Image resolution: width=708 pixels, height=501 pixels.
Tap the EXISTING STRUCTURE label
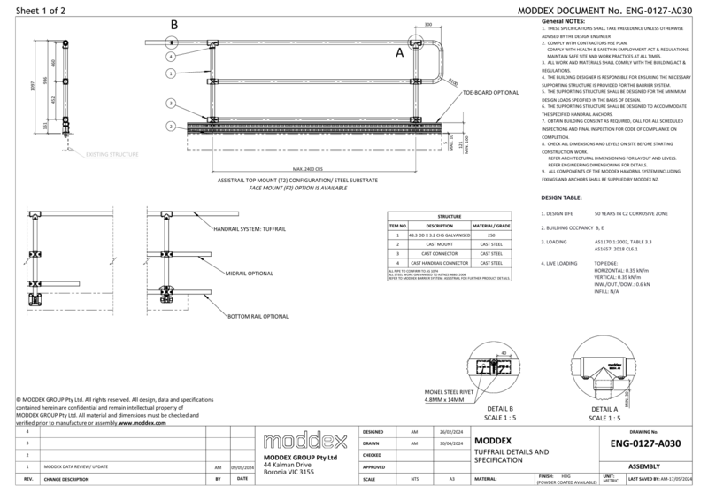tap(112, 155)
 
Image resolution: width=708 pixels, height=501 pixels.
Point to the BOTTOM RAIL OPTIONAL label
tap(258, 316)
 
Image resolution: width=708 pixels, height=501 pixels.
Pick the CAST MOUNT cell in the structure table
tap(439, 244)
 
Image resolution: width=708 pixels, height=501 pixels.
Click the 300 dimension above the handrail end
tap(428, 26)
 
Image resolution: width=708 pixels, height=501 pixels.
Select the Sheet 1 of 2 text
tap(26, 7)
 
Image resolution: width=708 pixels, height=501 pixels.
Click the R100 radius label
tap(454, 82)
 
